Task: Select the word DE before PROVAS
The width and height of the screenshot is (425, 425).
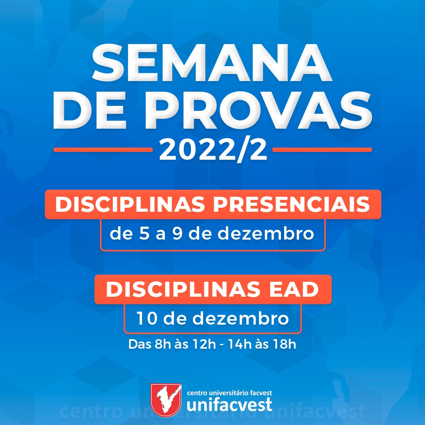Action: click(89, 110)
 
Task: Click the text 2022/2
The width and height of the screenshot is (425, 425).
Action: click(213, 150)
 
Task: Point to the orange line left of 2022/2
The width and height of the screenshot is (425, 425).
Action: click(103, 150)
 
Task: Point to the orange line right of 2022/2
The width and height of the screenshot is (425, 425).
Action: click(322, 150)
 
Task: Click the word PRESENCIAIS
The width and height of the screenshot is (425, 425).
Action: click(291, 204)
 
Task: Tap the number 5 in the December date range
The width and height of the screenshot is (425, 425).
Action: click(144, 233)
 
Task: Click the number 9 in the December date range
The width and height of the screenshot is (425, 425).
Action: click(177, 233)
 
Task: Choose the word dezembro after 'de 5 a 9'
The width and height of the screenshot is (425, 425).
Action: click(266, 233)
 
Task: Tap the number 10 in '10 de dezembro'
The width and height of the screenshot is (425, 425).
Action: click(147, 318)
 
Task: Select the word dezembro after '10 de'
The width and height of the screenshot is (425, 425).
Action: click(241, 318)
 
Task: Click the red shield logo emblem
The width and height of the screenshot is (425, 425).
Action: click(166, 398)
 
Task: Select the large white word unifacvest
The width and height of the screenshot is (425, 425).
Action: click(229, 405)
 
